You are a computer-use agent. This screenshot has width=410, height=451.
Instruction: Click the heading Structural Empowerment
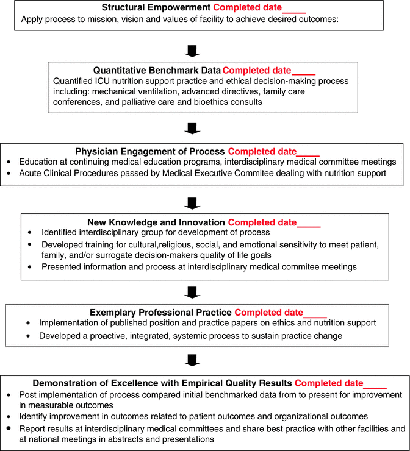[x=156, y=8]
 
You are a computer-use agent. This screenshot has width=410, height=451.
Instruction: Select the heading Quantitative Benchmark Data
[x=157, y=70]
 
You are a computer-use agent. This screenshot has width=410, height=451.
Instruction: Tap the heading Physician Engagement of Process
[x=149, y=151]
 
